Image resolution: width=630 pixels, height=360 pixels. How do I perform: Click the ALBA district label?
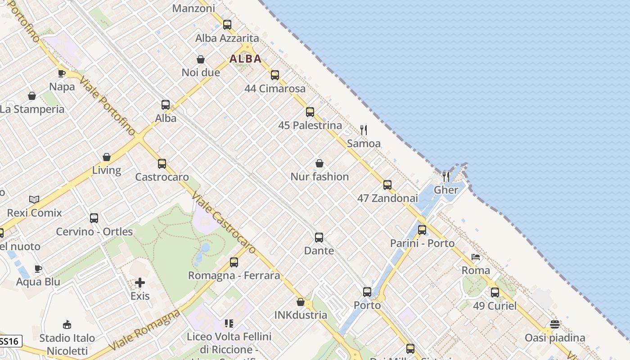[245, 58]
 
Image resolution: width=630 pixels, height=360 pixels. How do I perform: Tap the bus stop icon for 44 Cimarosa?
[275, 75]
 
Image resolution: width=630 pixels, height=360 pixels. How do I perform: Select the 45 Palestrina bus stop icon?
[310, 112]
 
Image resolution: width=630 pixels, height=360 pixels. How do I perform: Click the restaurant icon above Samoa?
[364, 130]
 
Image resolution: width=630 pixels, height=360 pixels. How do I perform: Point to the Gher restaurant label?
[446, 190]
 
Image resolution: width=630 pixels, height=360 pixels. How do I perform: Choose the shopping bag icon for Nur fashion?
[319, 163]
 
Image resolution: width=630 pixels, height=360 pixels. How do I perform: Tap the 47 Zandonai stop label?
[387, 198]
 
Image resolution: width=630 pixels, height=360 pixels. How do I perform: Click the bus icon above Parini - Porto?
[422, 230]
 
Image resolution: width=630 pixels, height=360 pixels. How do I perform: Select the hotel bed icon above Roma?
[476, 257]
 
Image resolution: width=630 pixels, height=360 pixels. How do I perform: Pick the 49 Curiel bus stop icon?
[495, 292]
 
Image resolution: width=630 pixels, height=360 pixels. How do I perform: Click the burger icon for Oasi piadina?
[555, 324]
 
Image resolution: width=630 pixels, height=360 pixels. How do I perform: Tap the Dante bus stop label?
[319, 251]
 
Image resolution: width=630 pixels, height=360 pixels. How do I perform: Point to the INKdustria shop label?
[301, 315]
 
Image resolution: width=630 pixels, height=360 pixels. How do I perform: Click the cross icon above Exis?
[140, 283]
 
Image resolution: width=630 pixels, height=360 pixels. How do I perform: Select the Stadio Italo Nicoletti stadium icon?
[67, 324]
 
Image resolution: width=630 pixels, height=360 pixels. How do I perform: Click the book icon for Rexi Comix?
[34, 199]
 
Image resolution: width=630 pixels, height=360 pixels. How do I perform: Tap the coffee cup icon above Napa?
[62, 73]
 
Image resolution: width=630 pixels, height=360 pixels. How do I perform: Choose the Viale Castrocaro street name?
[224, 223]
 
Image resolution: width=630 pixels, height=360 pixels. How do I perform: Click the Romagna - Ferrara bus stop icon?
[234, 262]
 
